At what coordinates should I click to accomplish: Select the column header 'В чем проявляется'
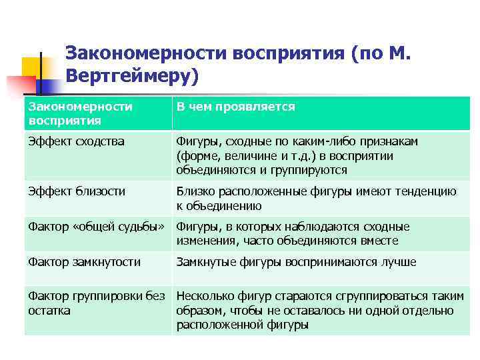click(x=235, y=107)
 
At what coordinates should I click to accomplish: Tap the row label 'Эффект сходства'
click(x=76, y=141)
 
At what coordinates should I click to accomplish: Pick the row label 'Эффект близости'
click(x=76, y=191)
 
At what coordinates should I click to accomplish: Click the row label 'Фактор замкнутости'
click(x=84, y=262)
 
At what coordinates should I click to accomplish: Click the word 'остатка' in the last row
click(x=49, y=311)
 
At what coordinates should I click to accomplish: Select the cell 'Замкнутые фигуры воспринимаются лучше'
click(x=296, y=262)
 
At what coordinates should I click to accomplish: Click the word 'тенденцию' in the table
click(x=427, y=191)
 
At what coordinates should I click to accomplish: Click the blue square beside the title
click(x=51, y=83)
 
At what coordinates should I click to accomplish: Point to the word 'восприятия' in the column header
click(x=65, y=121)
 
